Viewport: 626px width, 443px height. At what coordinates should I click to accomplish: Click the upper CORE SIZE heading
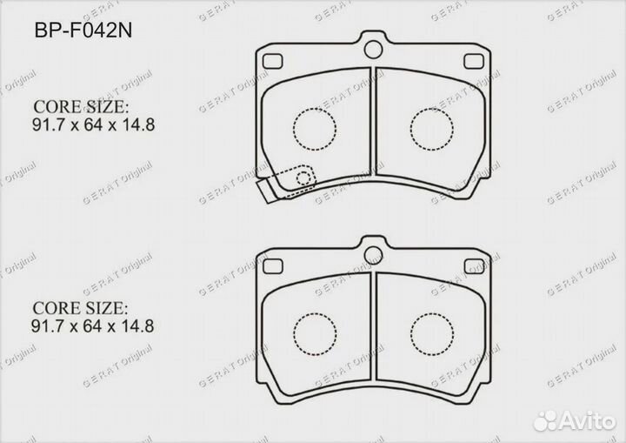80,107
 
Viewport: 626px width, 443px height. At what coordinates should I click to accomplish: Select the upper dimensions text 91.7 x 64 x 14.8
93,124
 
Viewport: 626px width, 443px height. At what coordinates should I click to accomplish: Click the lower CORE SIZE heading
80,309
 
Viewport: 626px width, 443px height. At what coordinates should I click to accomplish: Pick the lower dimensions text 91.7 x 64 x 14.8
93,327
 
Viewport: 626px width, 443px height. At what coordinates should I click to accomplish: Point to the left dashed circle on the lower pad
314,332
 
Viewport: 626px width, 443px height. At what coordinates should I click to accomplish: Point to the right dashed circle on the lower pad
430,332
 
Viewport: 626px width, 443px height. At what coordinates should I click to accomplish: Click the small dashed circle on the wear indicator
304,180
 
